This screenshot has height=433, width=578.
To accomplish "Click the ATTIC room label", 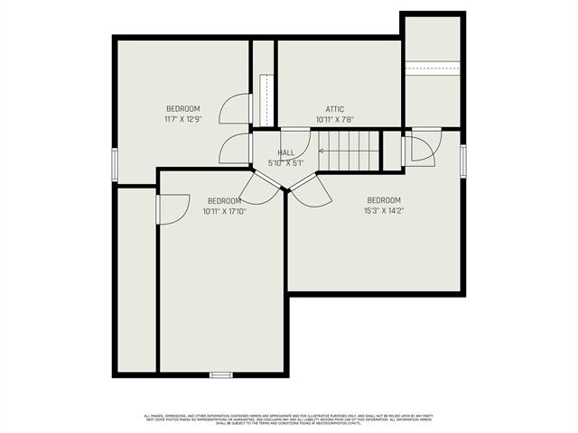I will coord(334,108).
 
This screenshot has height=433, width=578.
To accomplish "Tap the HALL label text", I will coord(285,152).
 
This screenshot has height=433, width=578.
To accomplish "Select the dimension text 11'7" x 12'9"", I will coord(182,119).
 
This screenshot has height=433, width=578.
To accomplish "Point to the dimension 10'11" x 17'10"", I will coord(224,211).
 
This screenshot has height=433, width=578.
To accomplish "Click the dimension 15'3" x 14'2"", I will coord(384,210).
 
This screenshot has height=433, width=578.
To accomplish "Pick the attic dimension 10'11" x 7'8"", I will coord(334,119).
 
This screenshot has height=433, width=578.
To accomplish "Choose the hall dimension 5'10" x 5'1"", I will coord(285,163).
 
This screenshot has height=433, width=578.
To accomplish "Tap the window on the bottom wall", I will coord(221,373).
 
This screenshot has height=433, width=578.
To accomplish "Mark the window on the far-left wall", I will coord(114,165).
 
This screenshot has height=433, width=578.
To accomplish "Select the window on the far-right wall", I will coord(463,158).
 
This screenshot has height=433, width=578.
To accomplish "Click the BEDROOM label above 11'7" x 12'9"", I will coord(182,108).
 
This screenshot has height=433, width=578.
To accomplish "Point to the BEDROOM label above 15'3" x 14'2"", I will coord(384,199).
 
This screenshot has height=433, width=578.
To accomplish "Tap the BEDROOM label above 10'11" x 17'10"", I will coord(224,200).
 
